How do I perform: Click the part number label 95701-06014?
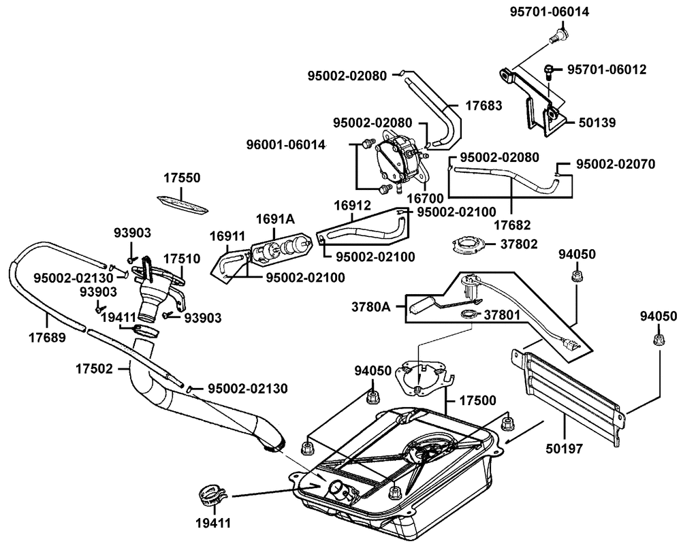[x=550, y=12]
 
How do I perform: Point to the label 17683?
[x=484, y=106]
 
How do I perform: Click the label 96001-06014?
[x=286, y=144]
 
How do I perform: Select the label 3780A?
[x=372, y=307]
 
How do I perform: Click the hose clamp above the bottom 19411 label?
[x=210, y=495]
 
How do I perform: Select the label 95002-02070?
[x=616, y=164]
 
